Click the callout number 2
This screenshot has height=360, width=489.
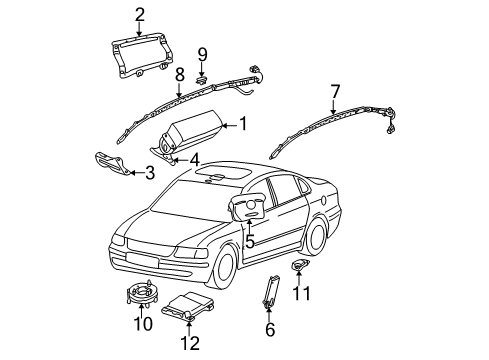[140, 15]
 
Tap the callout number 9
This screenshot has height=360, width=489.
[202, 54]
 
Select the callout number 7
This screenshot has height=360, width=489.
[334, 92]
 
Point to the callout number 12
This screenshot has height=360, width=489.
[190, 343]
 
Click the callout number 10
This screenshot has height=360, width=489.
[143, 323]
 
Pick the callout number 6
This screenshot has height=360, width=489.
[270, 329]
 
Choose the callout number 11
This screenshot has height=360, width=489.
[302, 293]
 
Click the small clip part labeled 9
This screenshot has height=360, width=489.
[201, 80]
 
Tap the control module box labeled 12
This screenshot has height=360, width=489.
[188, 304]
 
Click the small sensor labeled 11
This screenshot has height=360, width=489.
[299, 265]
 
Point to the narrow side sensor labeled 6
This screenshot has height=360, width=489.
[270, 291]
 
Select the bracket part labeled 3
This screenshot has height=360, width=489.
[112, 163]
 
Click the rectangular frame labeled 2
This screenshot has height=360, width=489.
[142, 54]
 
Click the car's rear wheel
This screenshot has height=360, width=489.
[315, 235]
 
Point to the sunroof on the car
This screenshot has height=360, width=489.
[223, 172]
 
